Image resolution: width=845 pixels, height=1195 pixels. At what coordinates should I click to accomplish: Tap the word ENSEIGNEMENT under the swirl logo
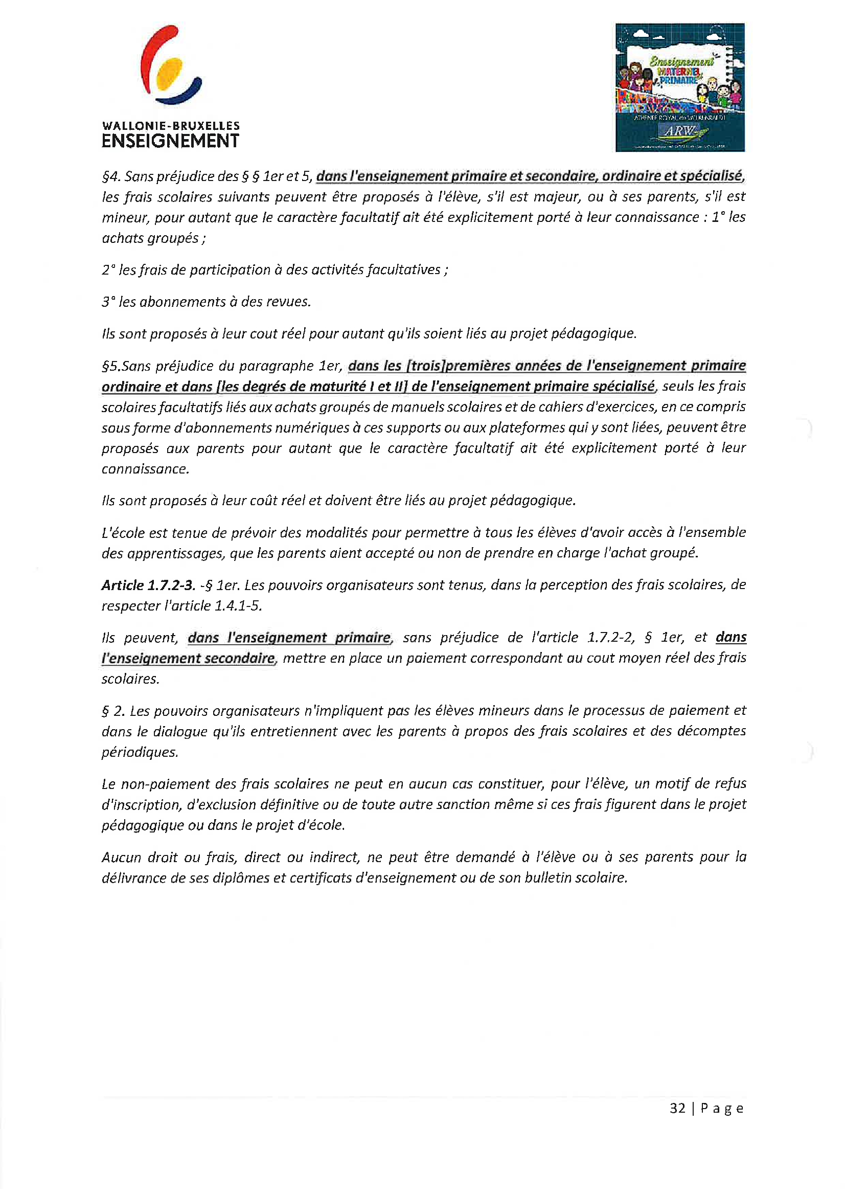point(170,141)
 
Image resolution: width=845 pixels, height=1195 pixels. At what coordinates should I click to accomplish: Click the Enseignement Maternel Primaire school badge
point(679,87)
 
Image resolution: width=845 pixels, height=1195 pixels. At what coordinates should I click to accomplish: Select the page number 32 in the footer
point(677,1108)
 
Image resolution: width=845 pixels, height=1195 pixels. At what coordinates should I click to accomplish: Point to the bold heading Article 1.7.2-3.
point(148,585)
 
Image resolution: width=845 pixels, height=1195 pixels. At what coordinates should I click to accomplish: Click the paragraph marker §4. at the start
point(111,176)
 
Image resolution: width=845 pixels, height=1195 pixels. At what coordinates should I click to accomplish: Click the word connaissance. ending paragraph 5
point(145,469)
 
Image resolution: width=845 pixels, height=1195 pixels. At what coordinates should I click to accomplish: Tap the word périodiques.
point(140,752)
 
